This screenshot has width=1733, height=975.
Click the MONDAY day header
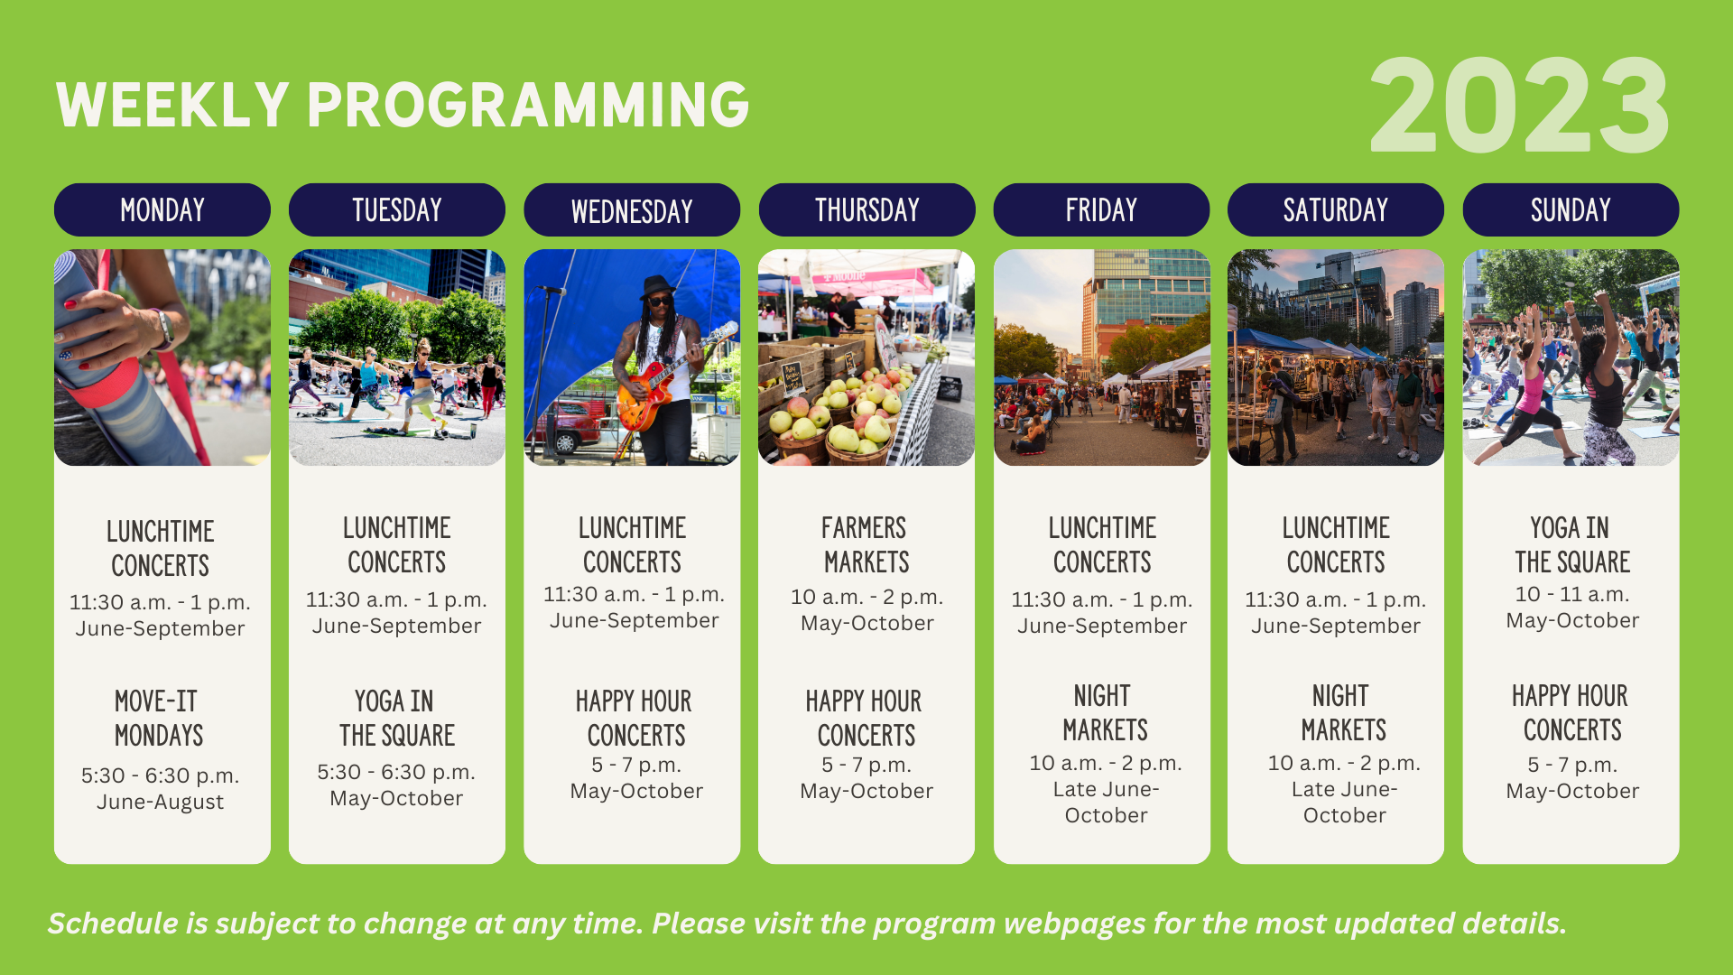coord(162,209)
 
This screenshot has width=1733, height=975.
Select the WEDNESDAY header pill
coord(632,209)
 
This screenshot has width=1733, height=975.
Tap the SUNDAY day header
coord(1571,209)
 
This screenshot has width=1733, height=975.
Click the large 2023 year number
coord(1519,107)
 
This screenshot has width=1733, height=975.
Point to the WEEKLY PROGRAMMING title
coord(403,105)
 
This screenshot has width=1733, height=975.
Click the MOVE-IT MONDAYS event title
coord(159,718)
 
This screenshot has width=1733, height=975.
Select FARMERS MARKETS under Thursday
coord(866,544)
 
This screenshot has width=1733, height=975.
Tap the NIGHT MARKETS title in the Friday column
coord(1104,712)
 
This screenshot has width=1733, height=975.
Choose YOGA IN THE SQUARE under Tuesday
coord(396,718)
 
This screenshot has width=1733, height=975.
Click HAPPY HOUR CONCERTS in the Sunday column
coord(1571,712)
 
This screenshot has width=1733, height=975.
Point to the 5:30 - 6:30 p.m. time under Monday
coord(160,775)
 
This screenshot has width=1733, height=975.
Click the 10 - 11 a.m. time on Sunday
coord(1571,594)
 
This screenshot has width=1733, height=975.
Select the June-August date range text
coord(160,802)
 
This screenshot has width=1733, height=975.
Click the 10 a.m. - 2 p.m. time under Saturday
coord(1344,763)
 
